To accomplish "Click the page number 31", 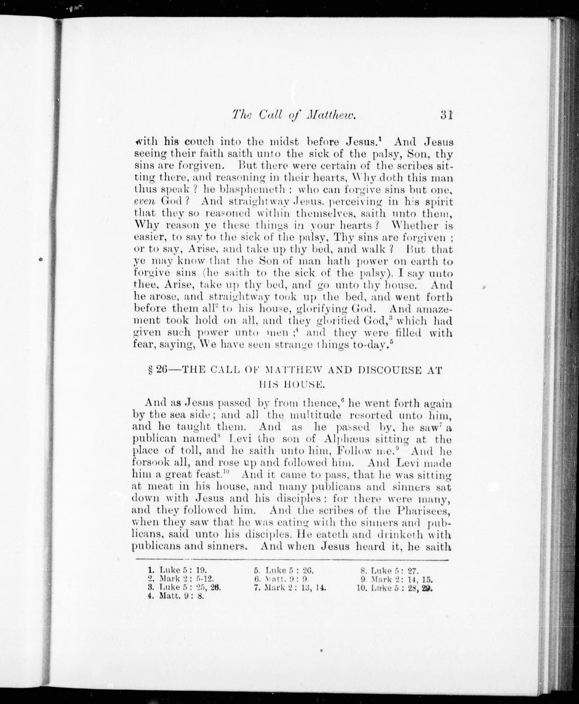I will click(446, 115).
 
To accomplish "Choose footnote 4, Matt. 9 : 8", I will click(175, 596).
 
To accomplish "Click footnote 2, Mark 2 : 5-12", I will click(180, 579).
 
